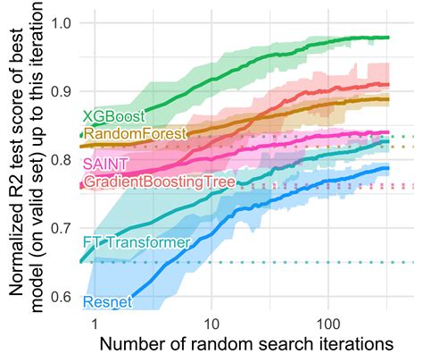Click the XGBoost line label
pyautogui.click(x=110, y=116)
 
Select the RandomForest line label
pyautogui.click(x=133, y=133)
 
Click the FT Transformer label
pyautogui.click(x=124, y=242)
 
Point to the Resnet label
pyautogui.click(x=107, y=302)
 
